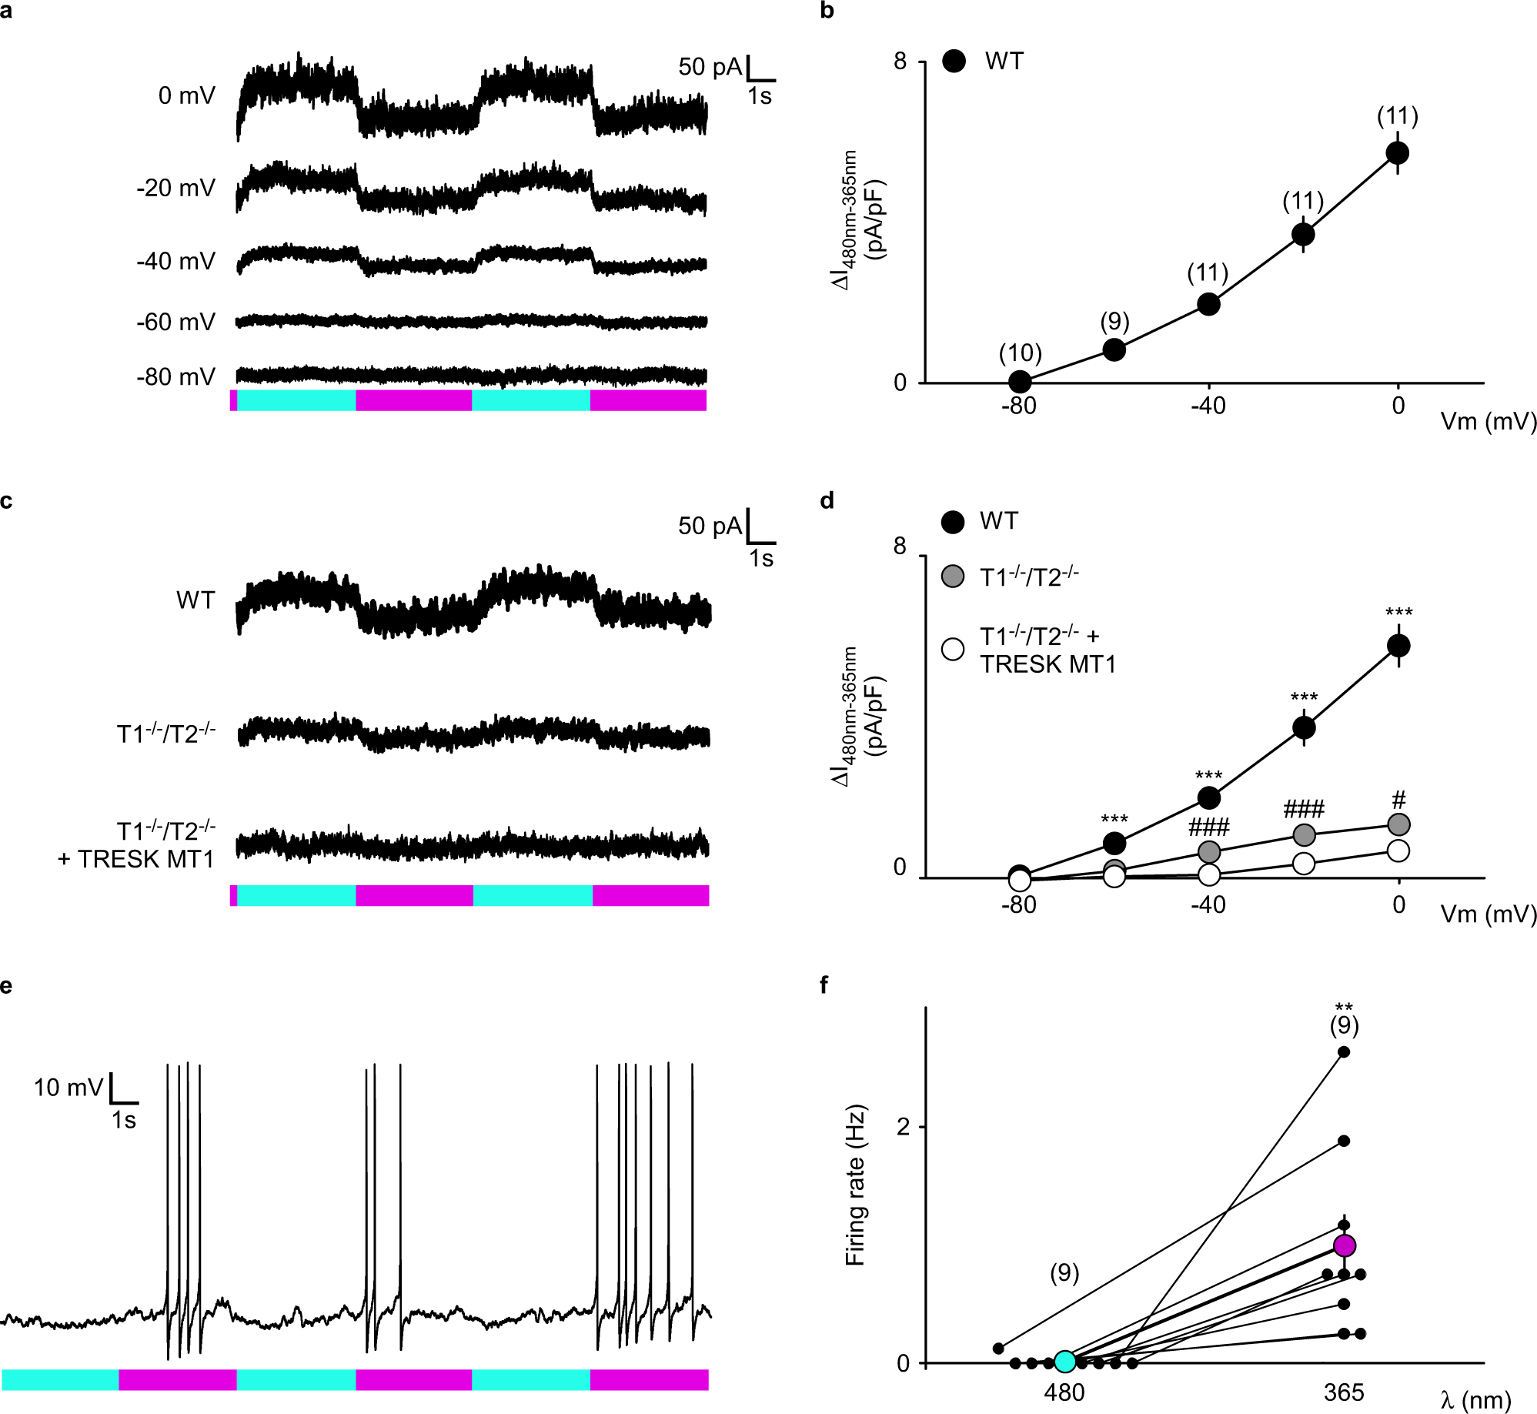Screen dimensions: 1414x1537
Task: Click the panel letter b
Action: [827, 12]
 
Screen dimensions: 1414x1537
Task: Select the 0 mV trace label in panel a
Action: [186, 95]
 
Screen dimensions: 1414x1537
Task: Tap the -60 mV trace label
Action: [175, 322]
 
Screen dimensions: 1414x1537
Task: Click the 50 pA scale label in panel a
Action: [709, 67]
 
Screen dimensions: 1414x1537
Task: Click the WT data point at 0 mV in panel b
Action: [1398, 153]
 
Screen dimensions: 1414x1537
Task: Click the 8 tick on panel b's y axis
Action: [900, 61]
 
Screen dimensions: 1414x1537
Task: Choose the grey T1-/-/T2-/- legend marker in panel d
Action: [953, 577]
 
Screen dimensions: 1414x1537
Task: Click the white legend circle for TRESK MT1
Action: [953, 649]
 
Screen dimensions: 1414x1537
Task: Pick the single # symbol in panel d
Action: [1398, 800]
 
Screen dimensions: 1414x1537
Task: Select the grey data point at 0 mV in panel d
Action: [1398, 824]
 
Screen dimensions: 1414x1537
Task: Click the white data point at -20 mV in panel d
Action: [1303, 864]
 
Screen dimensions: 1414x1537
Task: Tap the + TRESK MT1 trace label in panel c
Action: [136, 859]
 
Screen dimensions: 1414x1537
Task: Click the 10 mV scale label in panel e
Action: [68, 1088]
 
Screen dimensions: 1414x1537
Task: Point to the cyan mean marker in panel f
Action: [1064, 1362]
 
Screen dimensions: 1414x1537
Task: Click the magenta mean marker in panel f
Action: [1344, 1245]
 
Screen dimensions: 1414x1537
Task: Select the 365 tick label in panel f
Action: [1344, 1392]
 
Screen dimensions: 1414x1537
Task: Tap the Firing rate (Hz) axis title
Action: [855, 1185]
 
